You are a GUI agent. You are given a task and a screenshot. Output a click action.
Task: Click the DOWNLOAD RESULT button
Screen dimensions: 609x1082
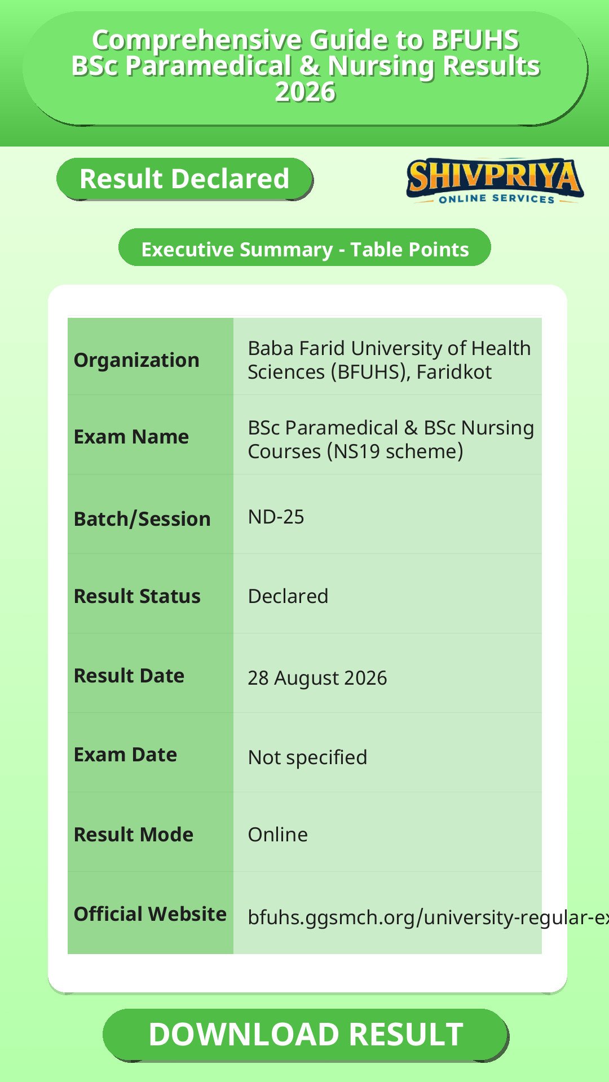tap(306, 1035)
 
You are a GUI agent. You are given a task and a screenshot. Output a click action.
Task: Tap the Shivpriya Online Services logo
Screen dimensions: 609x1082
tap(495, 181)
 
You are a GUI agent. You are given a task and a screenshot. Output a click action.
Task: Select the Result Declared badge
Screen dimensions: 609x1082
tap(184, 179)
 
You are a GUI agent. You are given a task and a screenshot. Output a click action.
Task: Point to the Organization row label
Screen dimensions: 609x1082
tap(136, 360)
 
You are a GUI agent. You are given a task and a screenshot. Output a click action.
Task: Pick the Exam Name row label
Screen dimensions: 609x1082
tap(131, 437)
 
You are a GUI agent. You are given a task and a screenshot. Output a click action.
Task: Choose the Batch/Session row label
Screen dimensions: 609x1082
tap(142, 518)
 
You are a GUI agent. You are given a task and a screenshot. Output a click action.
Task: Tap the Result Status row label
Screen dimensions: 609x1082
tap(137, 596)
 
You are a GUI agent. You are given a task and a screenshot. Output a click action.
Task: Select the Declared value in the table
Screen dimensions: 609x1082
tap(288, 596)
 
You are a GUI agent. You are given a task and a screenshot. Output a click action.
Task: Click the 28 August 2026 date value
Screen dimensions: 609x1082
tap(317, 678)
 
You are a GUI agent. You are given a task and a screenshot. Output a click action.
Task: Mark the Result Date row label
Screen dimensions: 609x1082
tap(129, 676)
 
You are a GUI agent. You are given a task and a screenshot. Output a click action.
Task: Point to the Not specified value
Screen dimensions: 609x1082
tap(307, 757)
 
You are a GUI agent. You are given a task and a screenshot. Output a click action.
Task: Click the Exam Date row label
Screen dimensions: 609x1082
tap(125, 755)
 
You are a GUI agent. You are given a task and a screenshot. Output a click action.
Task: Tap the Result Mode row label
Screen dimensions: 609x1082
tap(134, 835)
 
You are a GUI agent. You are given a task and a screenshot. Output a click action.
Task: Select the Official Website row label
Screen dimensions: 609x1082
tap(150, 914)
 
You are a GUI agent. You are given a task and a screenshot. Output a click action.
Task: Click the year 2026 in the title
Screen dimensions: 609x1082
tap(305, 92)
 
